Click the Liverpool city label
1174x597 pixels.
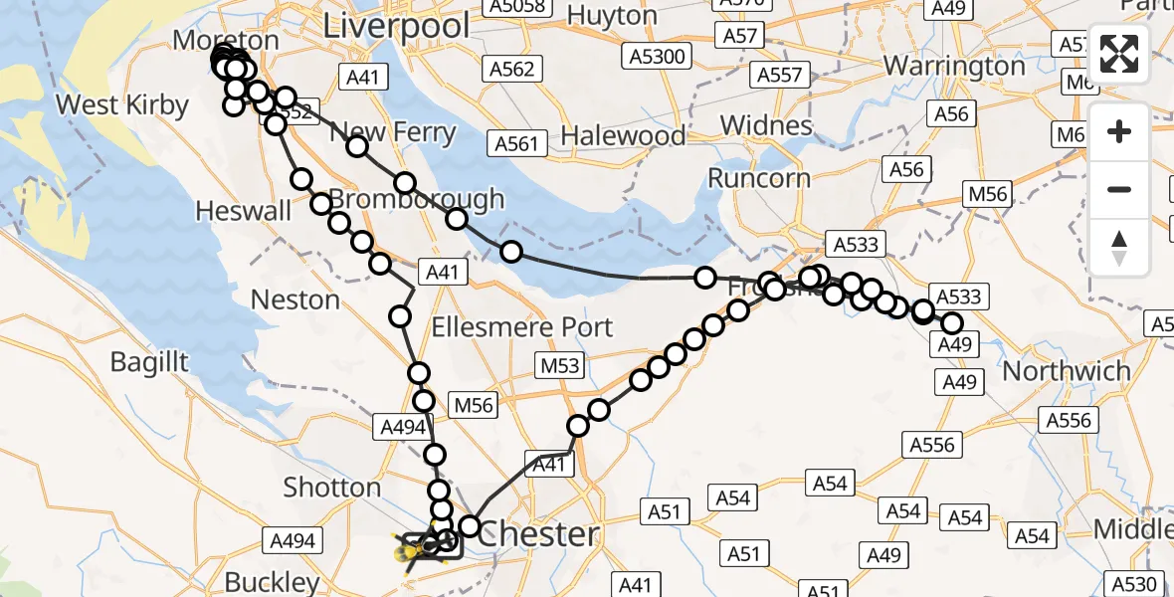[397, 25]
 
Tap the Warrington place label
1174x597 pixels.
[954, 66]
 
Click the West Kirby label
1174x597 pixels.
[122, 104]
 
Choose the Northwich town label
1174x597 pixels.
[1067, 371]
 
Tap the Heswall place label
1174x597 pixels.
[244, 211]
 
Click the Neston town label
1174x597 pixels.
[295, 299]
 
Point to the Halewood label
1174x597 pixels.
[624, 135]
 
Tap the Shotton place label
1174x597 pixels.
[332, 488]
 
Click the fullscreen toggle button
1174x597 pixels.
[1120, 54]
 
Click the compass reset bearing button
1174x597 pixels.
[1120, 248]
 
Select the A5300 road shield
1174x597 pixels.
[658, 57]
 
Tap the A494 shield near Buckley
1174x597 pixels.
[293, 541]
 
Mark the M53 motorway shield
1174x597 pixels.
[559, 366]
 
